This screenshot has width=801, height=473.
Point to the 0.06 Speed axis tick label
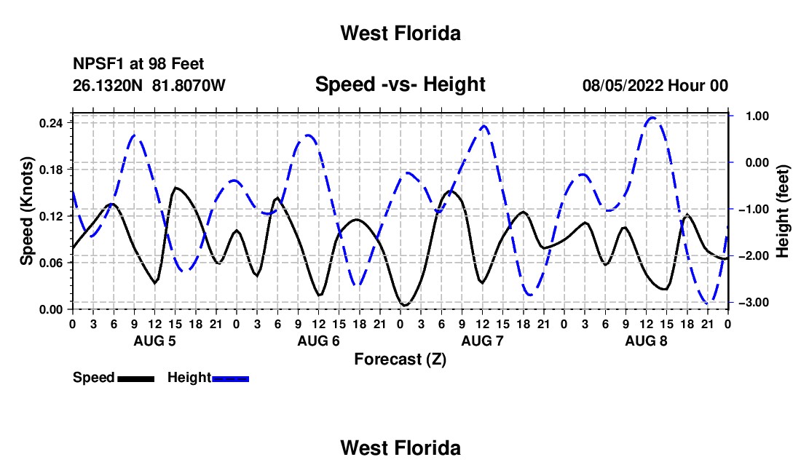click(51, 263)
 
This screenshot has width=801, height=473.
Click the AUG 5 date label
click(154, 341)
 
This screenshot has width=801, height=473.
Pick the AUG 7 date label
click(482, 341)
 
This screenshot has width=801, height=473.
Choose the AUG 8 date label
click(646, 341)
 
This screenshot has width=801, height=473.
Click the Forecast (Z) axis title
click(400, 359)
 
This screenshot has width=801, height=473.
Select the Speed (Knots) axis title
click(26, 211)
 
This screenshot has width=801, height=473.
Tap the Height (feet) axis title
click(782, 211)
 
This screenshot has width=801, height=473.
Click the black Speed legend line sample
click(135, 379)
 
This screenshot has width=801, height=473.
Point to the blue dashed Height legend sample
click(230, 379)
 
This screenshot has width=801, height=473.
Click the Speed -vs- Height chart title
click(400, 84)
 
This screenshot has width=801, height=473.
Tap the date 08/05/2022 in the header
click(622, 85)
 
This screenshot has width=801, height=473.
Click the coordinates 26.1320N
click(108, 85)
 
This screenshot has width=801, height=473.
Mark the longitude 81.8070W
click(189, 85)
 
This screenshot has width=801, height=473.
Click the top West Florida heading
click(400, 33)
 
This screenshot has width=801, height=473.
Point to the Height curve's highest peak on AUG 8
click(652, 118)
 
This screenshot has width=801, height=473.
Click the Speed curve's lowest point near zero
click(405, 305)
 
